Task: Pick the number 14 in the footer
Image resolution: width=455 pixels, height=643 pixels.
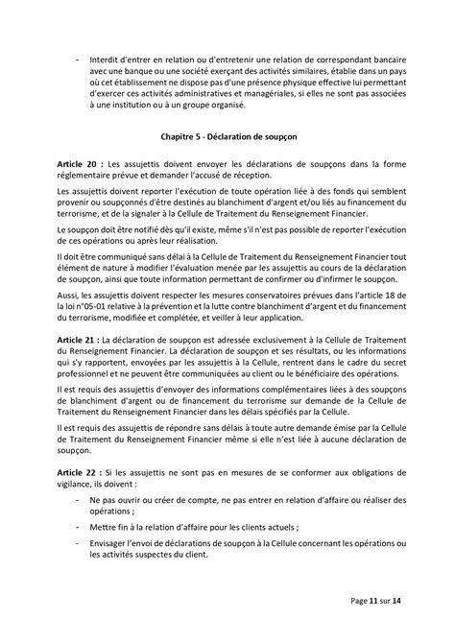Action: (x=408, y=600)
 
